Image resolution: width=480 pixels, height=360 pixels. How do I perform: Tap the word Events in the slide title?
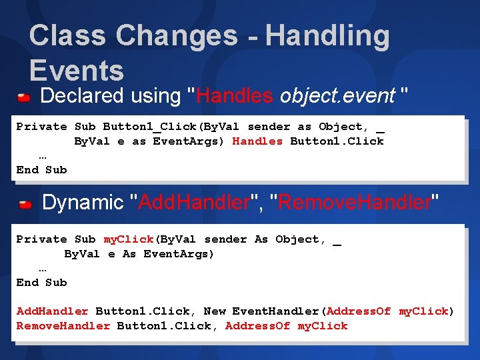coord(77,71)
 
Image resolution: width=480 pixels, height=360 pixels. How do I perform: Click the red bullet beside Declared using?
coord(24,98)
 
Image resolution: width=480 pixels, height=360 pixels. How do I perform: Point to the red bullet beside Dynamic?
coord(25,204)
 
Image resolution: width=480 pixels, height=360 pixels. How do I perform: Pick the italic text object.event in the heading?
coord(337,96)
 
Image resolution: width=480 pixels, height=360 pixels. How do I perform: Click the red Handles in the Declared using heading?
coord(235,96)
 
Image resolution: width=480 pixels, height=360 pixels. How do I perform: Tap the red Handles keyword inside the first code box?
coord(257,141)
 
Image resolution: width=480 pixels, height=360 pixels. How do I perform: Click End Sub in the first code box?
coord(41,169)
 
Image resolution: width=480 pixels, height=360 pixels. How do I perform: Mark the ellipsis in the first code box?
coord(43,155)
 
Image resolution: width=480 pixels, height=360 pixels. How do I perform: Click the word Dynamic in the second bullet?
coord(83,202)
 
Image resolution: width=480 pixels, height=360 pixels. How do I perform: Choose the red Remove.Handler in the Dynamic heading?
coord(354,202)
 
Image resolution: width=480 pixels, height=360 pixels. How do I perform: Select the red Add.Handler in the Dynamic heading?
coord(191,202)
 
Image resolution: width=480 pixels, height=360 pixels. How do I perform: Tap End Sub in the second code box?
coord(41,282)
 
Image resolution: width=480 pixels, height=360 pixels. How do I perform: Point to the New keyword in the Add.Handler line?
coord(215,311)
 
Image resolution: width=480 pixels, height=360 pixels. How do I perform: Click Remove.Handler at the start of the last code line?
coord(63,326)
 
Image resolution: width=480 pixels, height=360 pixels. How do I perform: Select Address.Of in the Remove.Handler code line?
coord(257,326)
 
